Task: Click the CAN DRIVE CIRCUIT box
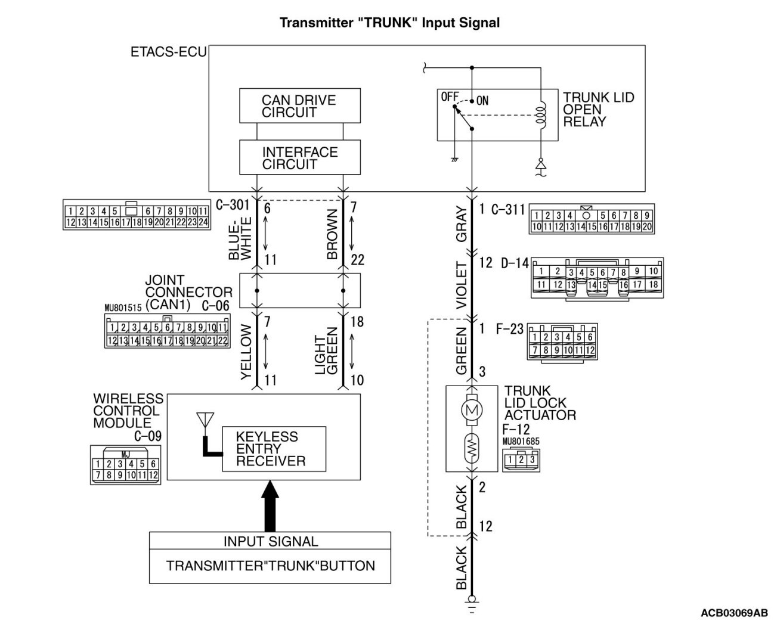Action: coord(299,106)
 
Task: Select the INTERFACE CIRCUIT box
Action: coord(299,157)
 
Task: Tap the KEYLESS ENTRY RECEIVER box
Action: coord(274,449)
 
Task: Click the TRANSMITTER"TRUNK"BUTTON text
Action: coord(270,566)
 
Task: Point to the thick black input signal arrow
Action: coord(270,507)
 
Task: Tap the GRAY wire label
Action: coord(462,224)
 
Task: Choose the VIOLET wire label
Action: coord(462,285)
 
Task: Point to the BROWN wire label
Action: coord(332,234)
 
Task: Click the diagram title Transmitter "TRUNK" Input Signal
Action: coord(389,23)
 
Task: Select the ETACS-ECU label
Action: coord(168,52)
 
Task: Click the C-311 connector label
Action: coord(507,210)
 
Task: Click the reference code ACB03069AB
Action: coord(734,613)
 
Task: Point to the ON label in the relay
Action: coord(482,101)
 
